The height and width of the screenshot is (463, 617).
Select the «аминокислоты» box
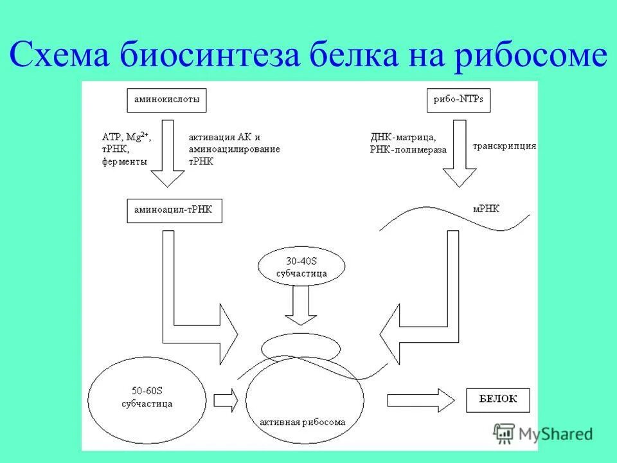tap(167, 100)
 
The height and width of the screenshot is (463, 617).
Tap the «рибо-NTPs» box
tap(454, 100)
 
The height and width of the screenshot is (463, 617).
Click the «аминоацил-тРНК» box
tap(174, 210)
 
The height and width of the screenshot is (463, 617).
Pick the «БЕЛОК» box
tap(498, 399)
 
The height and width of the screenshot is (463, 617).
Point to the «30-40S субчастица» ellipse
tap(301, 266)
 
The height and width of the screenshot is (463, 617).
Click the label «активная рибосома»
tap(302, 422)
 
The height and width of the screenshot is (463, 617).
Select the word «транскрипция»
tap(505, 146)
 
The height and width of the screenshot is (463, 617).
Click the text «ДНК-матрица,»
tap(404, 137)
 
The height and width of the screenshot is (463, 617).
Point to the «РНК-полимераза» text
tap(408, 149)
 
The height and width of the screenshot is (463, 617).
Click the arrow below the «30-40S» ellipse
tap(301, 305)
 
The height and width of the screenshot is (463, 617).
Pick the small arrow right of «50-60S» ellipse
tap(226, 399)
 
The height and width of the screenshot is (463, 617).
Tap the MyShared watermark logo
tap(543, 433)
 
